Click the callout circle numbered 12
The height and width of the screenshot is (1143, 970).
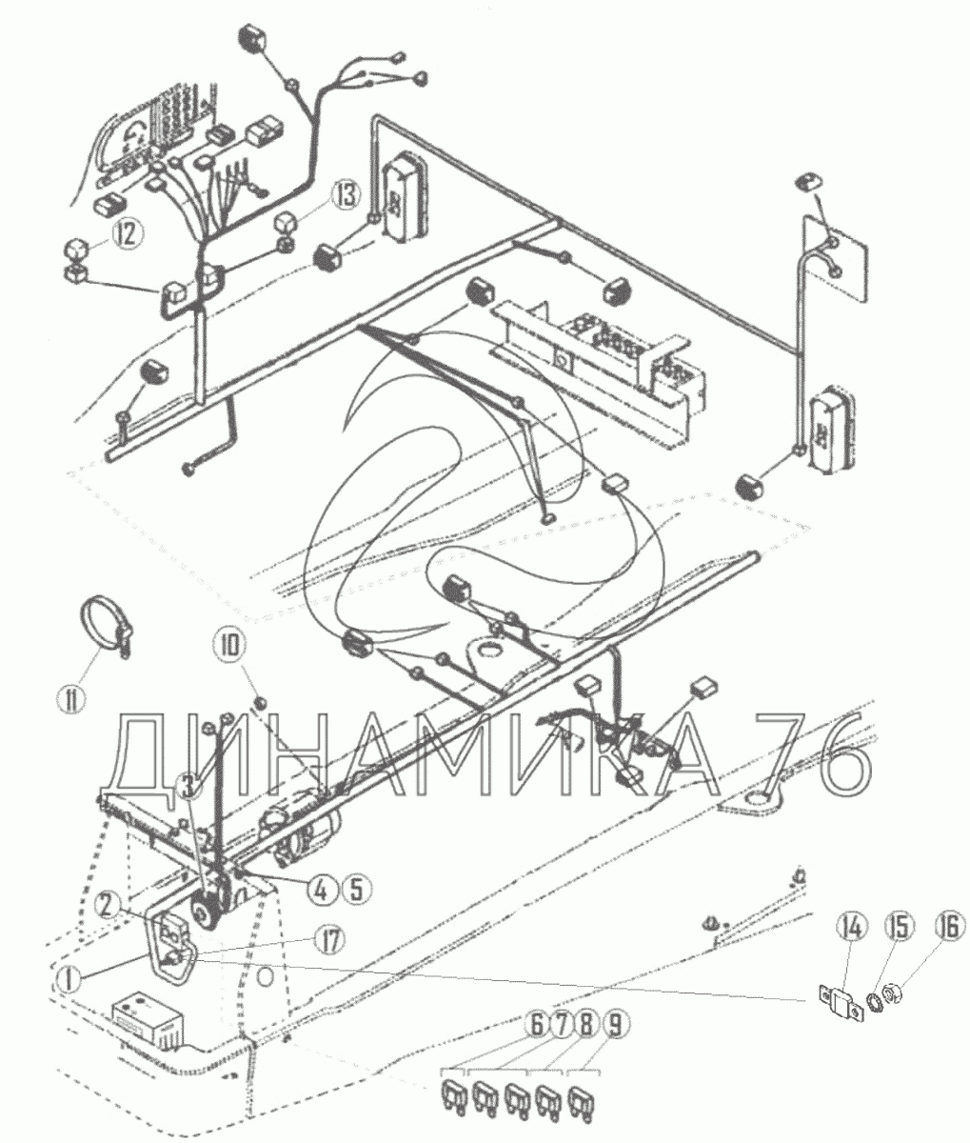pyautogui.click(x=127, y=235)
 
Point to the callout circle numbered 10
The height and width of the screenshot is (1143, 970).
pyautogui.click(x=231, y=646)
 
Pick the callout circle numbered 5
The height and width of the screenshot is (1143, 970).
pyautogui.click(x=357, y=890)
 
